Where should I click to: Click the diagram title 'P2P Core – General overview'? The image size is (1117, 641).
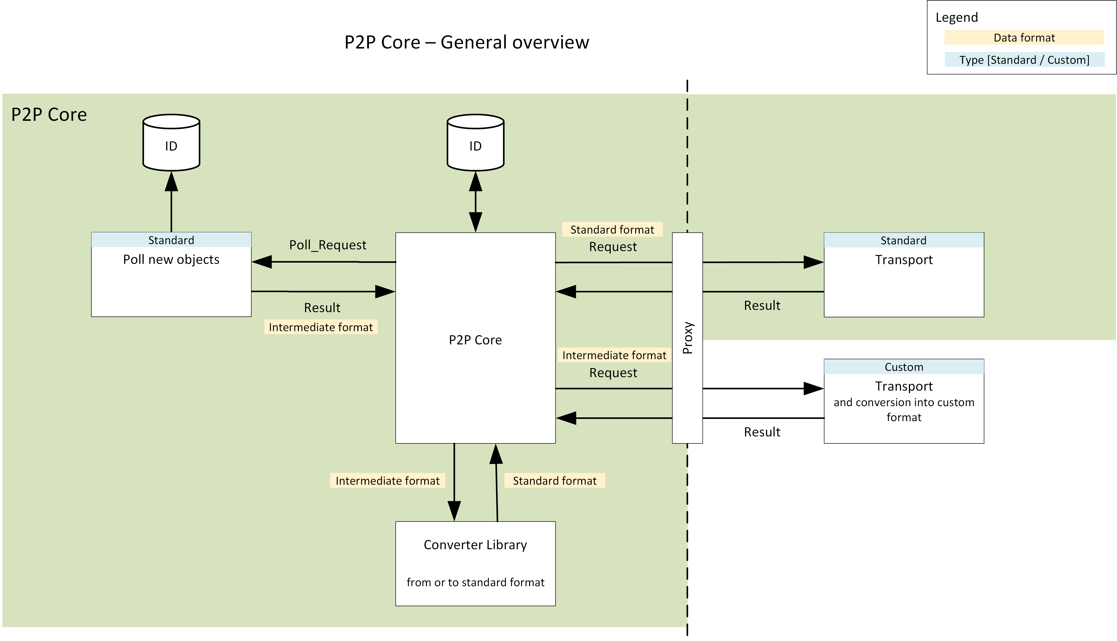(x=467, y=42)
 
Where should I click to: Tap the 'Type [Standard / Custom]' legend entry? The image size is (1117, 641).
(x=1024, y=60)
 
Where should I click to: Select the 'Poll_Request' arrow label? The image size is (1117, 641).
(x=328, y=245)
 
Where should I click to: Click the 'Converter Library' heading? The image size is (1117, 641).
(x=475, y=545)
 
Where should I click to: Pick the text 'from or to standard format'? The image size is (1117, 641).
(x=475, y=582)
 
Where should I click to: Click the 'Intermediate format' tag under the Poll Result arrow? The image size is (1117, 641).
(x=321, y=327)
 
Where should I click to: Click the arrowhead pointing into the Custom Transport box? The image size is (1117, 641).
(x=813, y=389)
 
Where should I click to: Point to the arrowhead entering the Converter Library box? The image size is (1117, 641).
(x=454, y=511)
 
